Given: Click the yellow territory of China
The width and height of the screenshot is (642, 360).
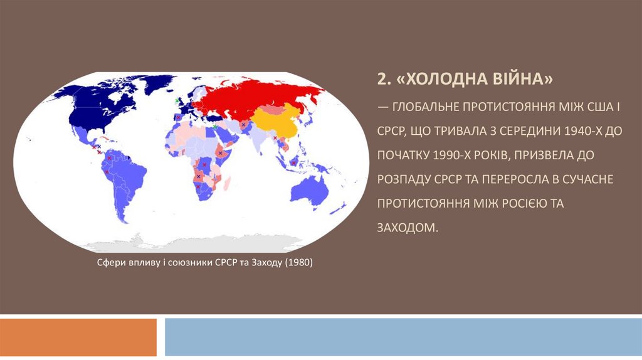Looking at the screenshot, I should [x=276, y=126].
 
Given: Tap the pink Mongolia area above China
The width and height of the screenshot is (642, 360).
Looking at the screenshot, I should [x=271, y=110].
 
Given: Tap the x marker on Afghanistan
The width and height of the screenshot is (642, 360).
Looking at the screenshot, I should [x=243, y=125].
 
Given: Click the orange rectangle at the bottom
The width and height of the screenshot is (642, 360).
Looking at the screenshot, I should [x=78, y=337].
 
